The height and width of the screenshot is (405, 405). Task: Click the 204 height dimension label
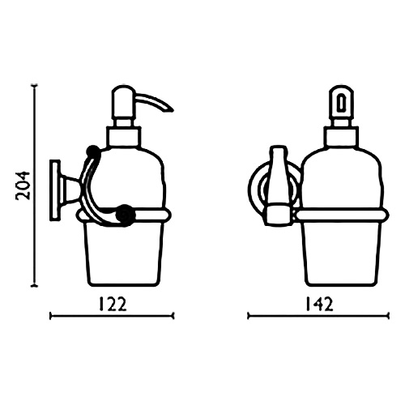point(23,185)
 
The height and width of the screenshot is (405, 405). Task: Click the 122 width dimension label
point(113,305)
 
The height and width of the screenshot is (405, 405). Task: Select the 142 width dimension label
point(319,305)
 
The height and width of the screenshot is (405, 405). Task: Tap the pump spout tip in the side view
point(172,110)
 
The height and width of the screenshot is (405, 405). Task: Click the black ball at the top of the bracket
point(92,150)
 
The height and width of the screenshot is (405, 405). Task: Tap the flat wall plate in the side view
point(55,190)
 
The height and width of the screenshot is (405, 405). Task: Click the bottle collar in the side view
point(125,137)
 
